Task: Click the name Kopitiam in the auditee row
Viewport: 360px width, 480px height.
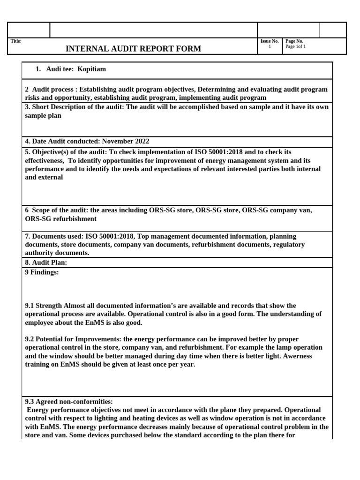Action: pos(92,69)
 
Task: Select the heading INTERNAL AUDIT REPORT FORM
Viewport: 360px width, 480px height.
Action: pos(133,49)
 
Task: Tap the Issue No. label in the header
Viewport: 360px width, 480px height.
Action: pos(270,41)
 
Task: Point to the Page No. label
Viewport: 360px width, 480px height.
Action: pos(294,41)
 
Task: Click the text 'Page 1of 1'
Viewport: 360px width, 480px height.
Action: pos(295,47)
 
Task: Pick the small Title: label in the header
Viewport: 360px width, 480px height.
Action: pos(16,41)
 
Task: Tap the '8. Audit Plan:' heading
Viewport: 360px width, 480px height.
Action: pos(46,262)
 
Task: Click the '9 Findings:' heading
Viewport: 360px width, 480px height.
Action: pos(42,272)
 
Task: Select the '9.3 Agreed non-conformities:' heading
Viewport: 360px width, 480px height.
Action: pos(69,402)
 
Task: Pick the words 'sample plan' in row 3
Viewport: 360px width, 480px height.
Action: pos(43,115)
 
